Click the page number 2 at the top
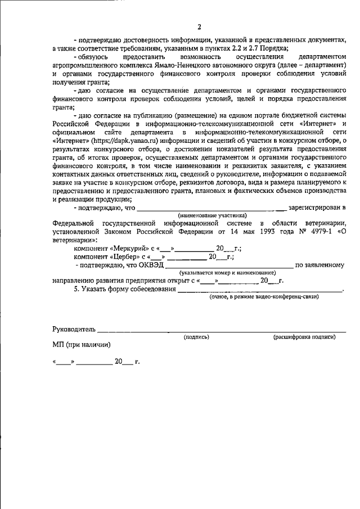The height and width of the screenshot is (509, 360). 199,26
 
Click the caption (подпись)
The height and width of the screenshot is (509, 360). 196,337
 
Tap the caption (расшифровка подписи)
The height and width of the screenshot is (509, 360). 304,337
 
